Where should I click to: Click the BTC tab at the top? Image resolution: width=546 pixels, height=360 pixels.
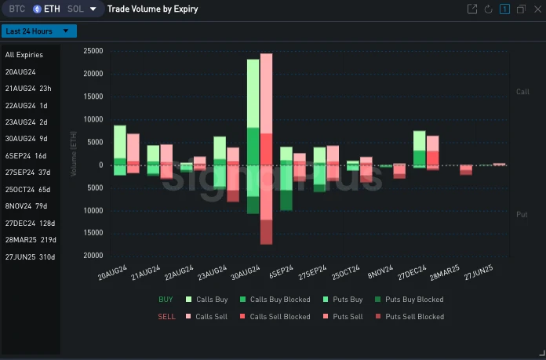point(16,9)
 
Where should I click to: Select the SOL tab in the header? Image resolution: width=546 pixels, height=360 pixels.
point(75,9)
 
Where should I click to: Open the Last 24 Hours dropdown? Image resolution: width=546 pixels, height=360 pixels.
point(38,31)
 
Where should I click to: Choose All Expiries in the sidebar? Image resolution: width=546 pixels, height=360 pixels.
point(24,55)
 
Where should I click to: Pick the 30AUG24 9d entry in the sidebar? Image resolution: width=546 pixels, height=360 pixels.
point(27,139)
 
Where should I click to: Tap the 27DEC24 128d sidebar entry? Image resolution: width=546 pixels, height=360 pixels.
point(29,223)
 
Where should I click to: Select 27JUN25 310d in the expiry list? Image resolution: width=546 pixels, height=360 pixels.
point(29,256)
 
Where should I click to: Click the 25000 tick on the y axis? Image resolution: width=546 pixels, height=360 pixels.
point(94,51)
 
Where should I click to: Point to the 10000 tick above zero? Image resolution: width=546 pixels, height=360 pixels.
point(94,119)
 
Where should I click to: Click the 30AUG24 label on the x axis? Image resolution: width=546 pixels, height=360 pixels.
point(245,275)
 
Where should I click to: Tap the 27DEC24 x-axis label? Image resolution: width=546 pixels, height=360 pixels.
point(411,275)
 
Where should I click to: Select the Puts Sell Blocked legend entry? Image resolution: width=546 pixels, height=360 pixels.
point(414,317)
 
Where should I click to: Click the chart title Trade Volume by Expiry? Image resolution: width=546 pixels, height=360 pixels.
point(152,9)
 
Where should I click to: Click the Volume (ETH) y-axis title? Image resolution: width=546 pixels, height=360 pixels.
point(75,154)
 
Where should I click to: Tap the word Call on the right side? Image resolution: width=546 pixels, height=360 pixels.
point(522,92)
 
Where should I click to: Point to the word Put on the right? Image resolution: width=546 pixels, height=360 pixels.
point(522,214)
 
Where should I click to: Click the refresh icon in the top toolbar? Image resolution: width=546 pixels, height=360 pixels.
point(488,9)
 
